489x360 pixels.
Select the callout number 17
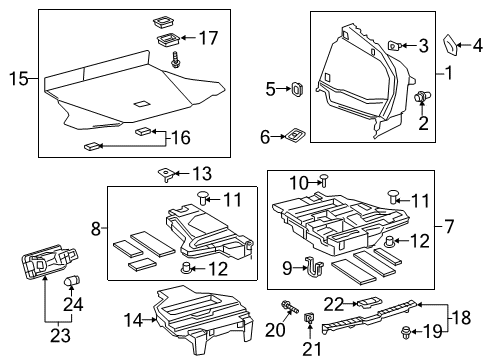(207, 39)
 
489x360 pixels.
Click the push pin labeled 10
(326, 181)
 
